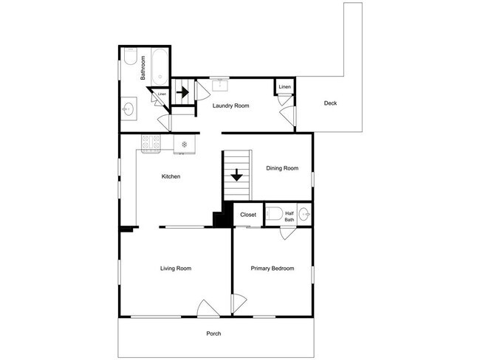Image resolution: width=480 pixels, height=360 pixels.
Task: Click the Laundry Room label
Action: pyautogui.click(x=231, y=105)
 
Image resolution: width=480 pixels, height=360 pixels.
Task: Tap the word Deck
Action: pyautogui.click(x=330, y=103)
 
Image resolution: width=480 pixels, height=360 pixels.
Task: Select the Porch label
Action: pyautogui.click(x=213, y=333)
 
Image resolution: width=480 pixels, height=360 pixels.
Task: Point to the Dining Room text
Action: pyautogui.click(x=282, y=168)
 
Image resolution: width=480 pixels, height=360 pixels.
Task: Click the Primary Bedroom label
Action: pyautogui.click(x=272, y=269)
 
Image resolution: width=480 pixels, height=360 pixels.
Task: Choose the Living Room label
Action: pyautogui.click(x=176, y=269)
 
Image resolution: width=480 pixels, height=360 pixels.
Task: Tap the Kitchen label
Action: pyautogui.click(x=171, y=176)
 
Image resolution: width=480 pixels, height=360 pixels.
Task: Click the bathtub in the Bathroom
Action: pyautogui.click(x=160, y=67)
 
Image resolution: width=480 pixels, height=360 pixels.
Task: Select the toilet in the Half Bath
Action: pyautogui.click(x=274, y=213)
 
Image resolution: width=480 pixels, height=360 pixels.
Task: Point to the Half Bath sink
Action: pyautogui.click(x=304, y=214)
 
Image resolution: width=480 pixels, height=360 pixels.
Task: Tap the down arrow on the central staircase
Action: pyautogui.click(x=236, y=175)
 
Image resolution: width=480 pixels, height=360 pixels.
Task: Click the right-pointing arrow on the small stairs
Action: pyautogui.click(x=182, y=91)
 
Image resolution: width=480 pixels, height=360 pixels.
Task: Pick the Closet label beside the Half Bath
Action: pyautogui.click(x=248, y=215)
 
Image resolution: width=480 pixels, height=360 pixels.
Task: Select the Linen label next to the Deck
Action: pyautogui.click(x=285, y=87)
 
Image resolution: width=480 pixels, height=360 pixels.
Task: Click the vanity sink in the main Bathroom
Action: pyautogui.click(x=128, y=108)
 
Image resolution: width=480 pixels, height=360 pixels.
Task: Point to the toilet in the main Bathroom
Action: pyautogui.click(x=130, y=56)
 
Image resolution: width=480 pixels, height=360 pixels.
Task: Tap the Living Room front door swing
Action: pyautogui.click(x=208, y=308)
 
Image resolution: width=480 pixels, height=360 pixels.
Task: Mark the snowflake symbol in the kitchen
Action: pyautogui.click(x=185, y=144)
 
